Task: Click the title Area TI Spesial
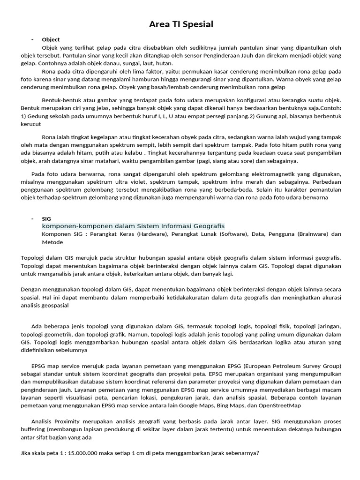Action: click(180, 24)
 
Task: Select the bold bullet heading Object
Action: click(51, 39)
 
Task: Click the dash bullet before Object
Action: click(32, 39)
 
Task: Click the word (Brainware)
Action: click(313, 234)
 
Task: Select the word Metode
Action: click(52, 242)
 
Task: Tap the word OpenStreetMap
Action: click(277, 405)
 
